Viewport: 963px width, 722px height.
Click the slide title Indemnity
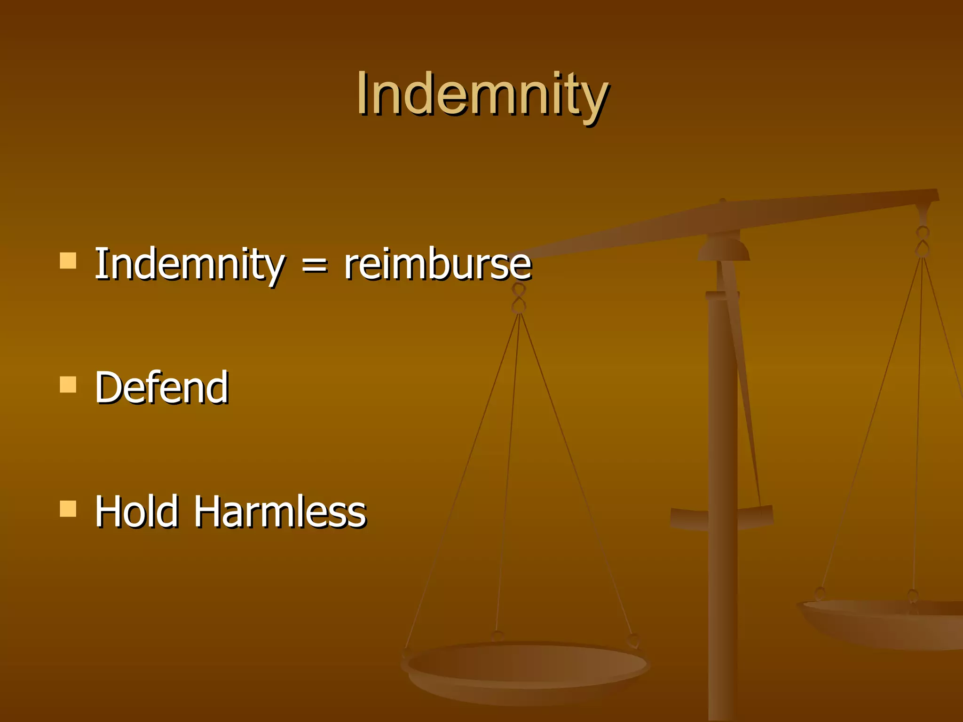click(x=482, y=94)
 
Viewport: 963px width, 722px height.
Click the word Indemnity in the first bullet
click(x=189, y=264)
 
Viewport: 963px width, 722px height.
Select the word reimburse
click(x=437, y=265)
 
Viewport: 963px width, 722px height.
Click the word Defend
click(x=162, y=387)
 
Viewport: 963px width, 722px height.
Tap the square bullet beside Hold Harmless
click(x=68, y=509)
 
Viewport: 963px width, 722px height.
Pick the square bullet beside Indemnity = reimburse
click(x=68, y=260)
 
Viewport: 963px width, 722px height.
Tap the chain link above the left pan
click(x=519, y=298)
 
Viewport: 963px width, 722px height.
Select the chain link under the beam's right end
click(x=923, y=242)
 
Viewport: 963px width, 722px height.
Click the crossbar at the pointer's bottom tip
click(x=722, y=517)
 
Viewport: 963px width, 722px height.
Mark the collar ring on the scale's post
click(x=722, y=295)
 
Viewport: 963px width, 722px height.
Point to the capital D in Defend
click(x=109, y=387)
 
